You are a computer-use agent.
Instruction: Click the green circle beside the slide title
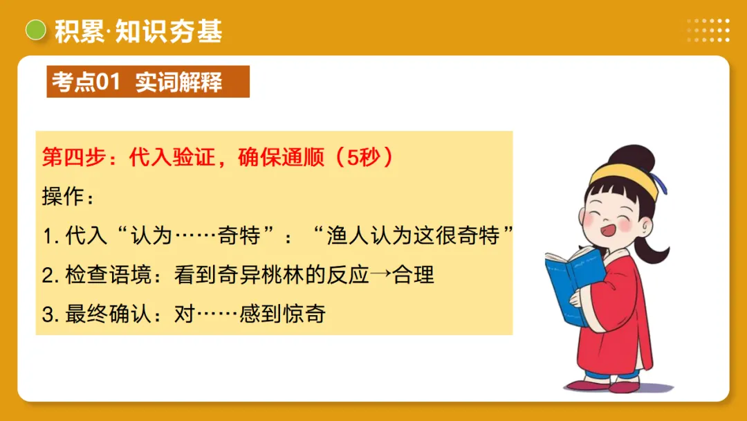coord(35,30)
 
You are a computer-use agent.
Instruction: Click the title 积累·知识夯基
coord(138,30)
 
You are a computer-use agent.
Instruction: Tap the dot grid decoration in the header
coord(708,30)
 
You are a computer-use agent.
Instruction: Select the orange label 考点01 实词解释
coord(147,82)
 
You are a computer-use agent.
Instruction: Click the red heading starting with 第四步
coord(218,157)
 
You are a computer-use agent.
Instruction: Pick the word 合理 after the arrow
coord(414,275)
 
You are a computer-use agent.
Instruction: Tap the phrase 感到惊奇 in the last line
coord(282,314)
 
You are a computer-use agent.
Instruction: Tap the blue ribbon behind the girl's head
coord(662,183)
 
